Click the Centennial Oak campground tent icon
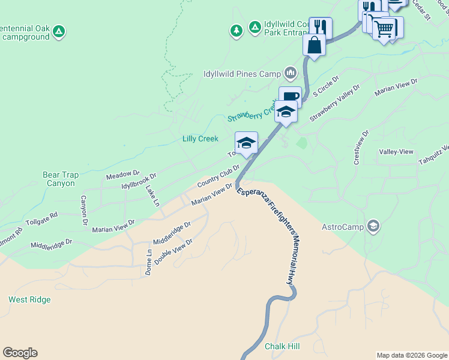point(58,31)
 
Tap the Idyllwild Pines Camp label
point(242,74)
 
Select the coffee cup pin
point(290,97)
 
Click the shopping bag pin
point(314,44)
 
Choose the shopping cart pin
point(384,28)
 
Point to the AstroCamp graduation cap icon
point(374,226)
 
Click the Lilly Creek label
point(200,139)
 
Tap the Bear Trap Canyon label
point(59,179)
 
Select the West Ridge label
point(29,299)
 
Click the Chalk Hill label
point(282,347)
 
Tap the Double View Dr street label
point(173,251)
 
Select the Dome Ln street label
point(149,262)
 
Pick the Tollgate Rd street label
point(41,217)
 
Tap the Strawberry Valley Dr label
point(334,103)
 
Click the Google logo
point(20,353)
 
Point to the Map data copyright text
point(411,355)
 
